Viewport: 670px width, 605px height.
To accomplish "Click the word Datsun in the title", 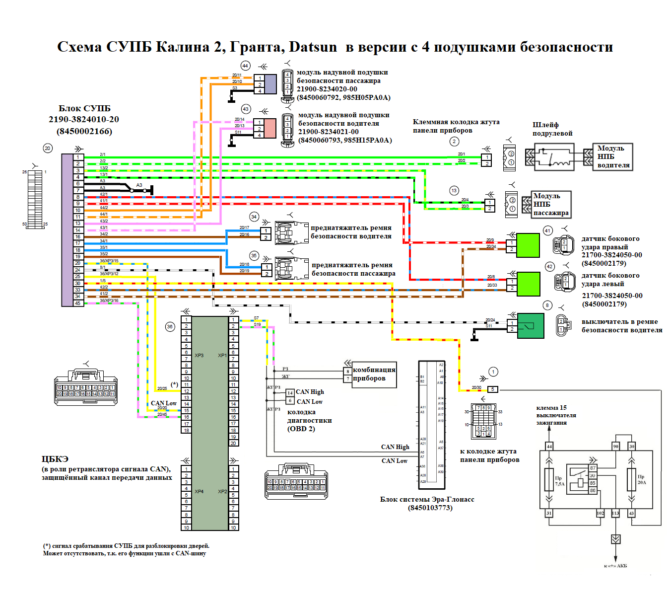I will [x=313, y=47].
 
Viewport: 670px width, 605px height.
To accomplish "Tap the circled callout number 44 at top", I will [x=245, y=66].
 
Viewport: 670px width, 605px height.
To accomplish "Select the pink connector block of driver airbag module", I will [x=270, y=128].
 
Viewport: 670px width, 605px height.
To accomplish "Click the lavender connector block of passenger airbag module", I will [x=270, y=84].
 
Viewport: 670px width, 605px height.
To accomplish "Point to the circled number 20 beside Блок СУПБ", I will [x=48, y=148].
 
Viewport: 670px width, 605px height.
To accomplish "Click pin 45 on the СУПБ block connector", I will [x=78, y=303].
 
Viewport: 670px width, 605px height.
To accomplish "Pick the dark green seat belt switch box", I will [x=531, y=325].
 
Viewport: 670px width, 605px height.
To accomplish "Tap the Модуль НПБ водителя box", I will [x=613, y=156].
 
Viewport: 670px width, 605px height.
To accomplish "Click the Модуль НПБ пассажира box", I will [x=551, y=204].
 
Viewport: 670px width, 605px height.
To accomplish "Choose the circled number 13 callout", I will [x=454, y=191].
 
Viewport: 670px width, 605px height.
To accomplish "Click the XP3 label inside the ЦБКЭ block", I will [x=199, y=355].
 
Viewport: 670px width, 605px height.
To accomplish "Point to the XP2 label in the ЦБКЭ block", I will [x=222, y=492].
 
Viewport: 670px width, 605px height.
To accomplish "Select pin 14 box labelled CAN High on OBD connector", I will [x=290, y=393].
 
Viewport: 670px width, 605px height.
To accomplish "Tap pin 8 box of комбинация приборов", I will [x=348, y=371].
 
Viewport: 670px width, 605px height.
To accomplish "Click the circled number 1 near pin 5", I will [x=493, y=372].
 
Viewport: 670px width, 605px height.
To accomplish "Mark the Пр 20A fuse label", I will [x=642, y=479].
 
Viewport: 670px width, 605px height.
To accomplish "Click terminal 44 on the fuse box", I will [x=549, y=447].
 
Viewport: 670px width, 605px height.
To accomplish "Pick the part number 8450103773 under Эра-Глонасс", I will [x=430, y=508].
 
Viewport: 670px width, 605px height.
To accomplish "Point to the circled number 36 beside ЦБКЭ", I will [x=170, y=326].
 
